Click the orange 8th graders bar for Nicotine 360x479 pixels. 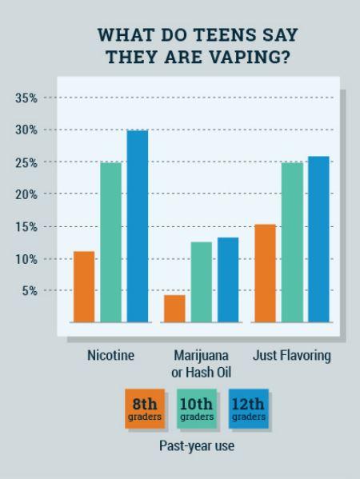click(x=84, y=286)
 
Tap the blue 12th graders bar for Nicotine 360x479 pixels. click(x=138, y=226)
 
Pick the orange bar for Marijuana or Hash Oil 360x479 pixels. click(x=174, y=309)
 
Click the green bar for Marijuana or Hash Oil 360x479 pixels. click(x=202, y=281)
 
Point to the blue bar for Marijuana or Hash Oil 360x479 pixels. click(x=228, y=280)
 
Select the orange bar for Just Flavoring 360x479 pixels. click(x=265, y=273)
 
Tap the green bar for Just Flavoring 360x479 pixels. click(x=292, y=242)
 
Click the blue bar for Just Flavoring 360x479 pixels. click(x=318, y=239)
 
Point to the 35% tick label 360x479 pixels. click(x=26, y=98)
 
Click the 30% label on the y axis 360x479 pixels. click(x=26, y=130)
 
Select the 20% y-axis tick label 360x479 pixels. click(x=26, y=194)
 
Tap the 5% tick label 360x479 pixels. click(x=29, y=291)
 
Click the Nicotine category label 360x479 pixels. click(x=110, y=356)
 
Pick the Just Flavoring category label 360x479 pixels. click(x=292, y=356)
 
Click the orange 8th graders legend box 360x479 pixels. click(x=145, y=409)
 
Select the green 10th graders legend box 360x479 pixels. click(x=197, y=409)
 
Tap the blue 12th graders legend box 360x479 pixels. click(x=249, y=409)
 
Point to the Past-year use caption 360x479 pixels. click(x=197, y=446)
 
